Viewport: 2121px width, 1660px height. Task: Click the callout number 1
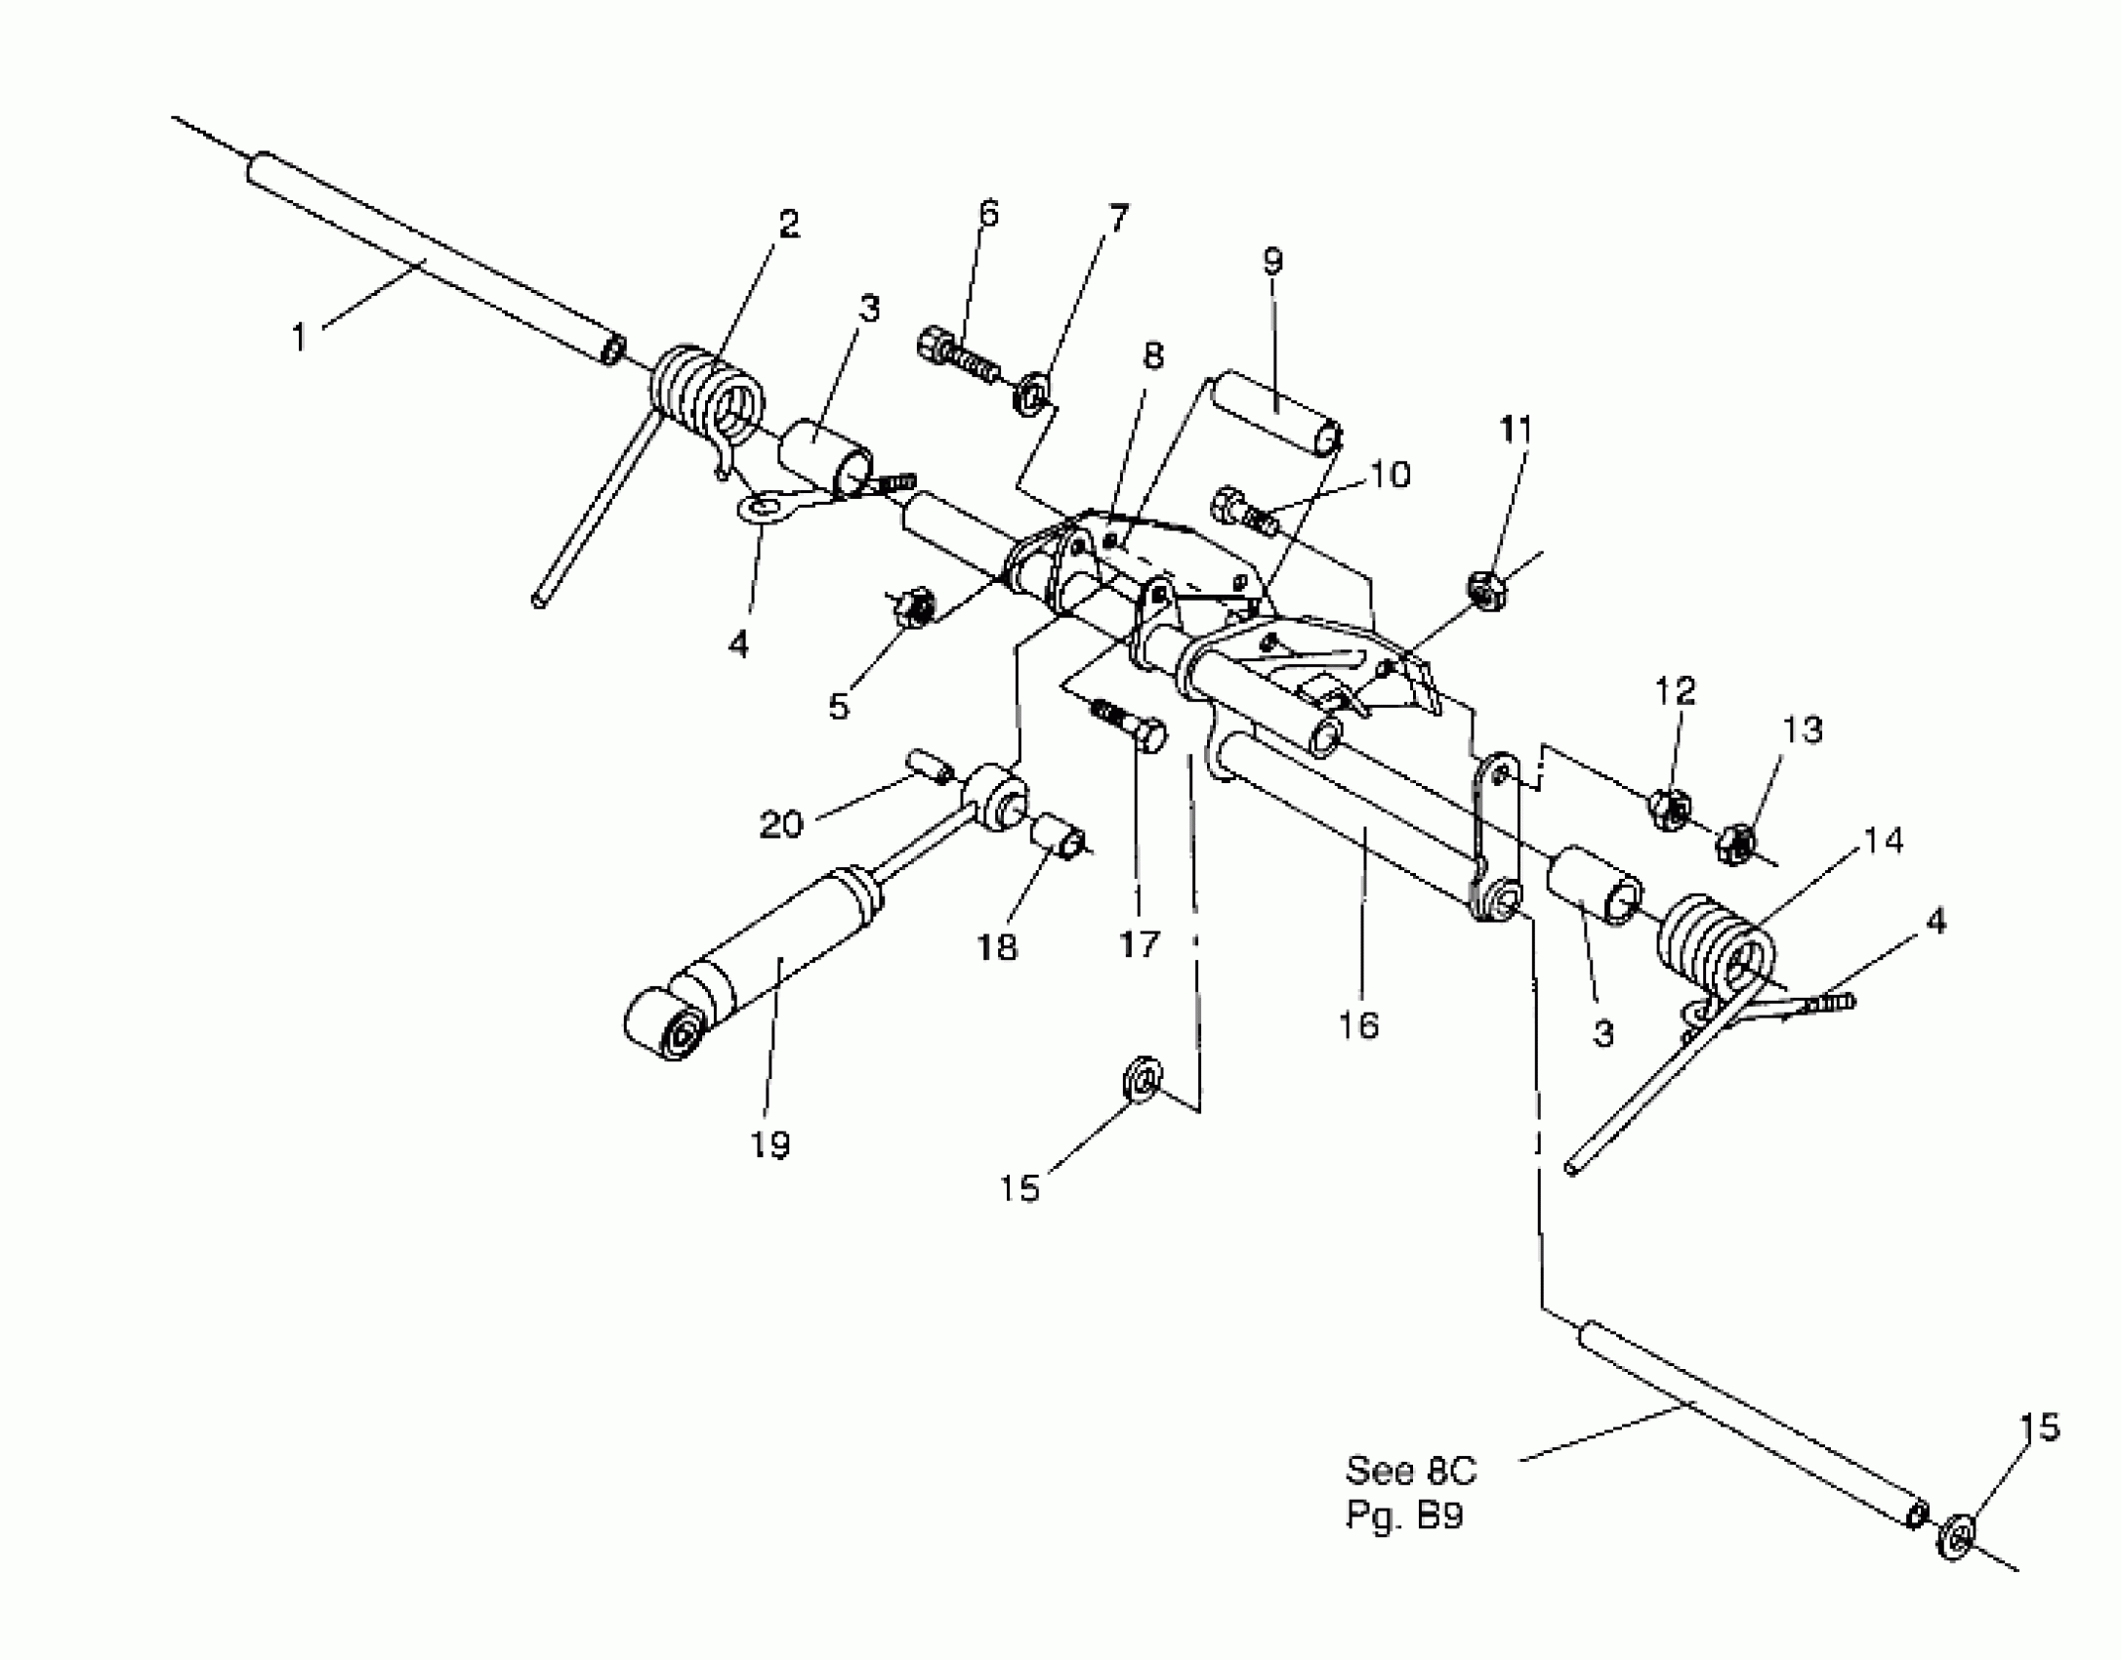(x=299, y=338)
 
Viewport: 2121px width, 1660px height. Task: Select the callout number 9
(x=1271, y=262)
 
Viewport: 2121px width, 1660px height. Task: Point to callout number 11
(x=1516, y=430)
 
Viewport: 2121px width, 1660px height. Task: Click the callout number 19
(x=769, y=1144)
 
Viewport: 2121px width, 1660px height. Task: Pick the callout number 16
(x=1358, y=1025)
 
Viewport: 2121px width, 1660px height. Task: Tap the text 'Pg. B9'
(x=1404, y=1515)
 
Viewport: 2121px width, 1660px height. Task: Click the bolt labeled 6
(x=957, y=357)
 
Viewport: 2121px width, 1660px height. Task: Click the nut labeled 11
(x=1485, y=589)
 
